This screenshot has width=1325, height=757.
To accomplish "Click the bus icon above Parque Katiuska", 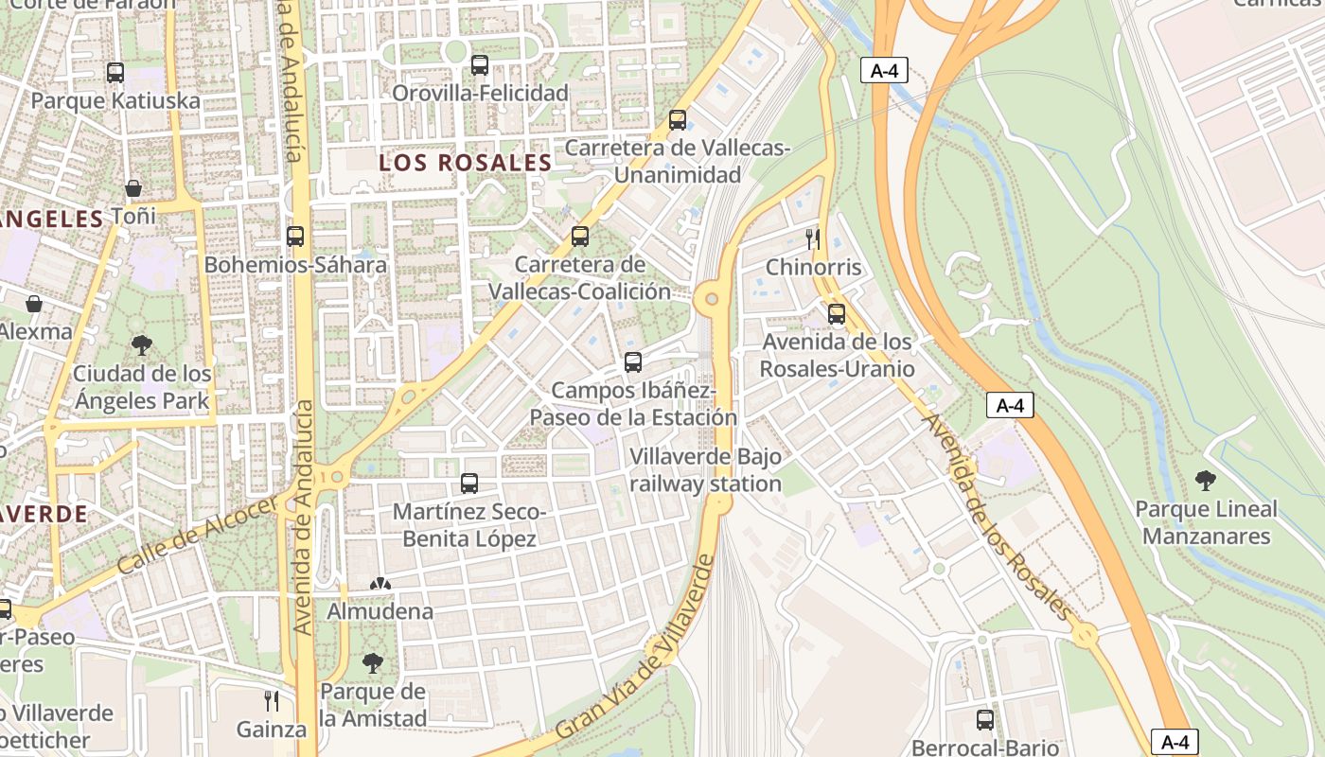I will point(115,72).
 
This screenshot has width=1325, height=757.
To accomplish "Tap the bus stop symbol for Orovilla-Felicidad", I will point(480,65).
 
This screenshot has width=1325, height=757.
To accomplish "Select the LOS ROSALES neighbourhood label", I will point(465,163).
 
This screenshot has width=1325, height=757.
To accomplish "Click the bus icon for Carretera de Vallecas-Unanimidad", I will point(678,120).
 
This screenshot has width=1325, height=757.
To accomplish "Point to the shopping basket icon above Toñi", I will point(133,188).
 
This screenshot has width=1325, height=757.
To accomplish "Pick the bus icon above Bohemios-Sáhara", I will point(295,237).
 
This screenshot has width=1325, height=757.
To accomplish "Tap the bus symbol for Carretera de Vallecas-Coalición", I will point(580,237).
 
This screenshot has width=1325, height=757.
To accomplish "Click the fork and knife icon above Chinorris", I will point(813,238).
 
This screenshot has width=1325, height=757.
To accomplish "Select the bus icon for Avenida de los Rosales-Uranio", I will point(837,313).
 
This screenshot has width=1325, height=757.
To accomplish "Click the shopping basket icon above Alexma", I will point(34,304).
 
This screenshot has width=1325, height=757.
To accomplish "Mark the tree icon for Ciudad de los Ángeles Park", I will point(142,345).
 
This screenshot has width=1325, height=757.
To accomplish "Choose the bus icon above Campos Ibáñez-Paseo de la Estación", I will point(633,361).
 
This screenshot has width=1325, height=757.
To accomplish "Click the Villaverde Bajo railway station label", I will point(706,470).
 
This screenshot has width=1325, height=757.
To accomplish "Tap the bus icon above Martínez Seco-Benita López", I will point(469,484).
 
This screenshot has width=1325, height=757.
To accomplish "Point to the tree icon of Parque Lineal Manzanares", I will point(1206,481).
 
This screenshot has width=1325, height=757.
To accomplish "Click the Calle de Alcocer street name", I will point(198,536).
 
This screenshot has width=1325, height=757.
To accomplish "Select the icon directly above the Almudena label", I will point(380,585).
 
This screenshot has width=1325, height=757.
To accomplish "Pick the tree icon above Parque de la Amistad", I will point(373,663).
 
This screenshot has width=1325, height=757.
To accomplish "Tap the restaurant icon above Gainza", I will point(272,701).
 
